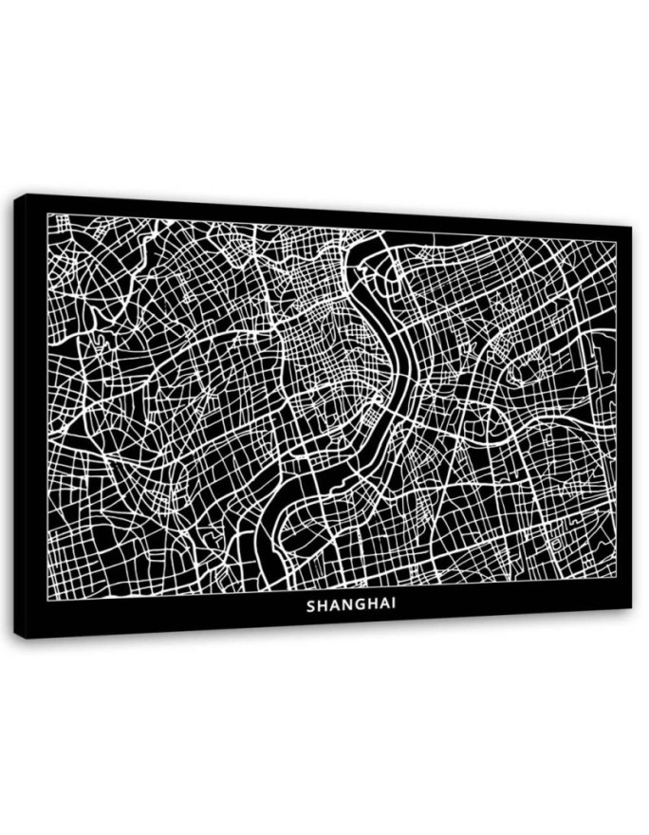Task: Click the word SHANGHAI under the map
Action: tap(351, 603)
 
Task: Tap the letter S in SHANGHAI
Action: tap(311, 603)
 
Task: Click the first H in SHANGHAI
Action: tap(322, 603)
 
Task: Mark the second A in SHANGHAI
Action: tap(382, 603)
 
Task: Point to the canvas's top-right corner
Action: tap(631, 227)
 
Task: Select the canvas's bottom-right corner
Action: tap(631, 610)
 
